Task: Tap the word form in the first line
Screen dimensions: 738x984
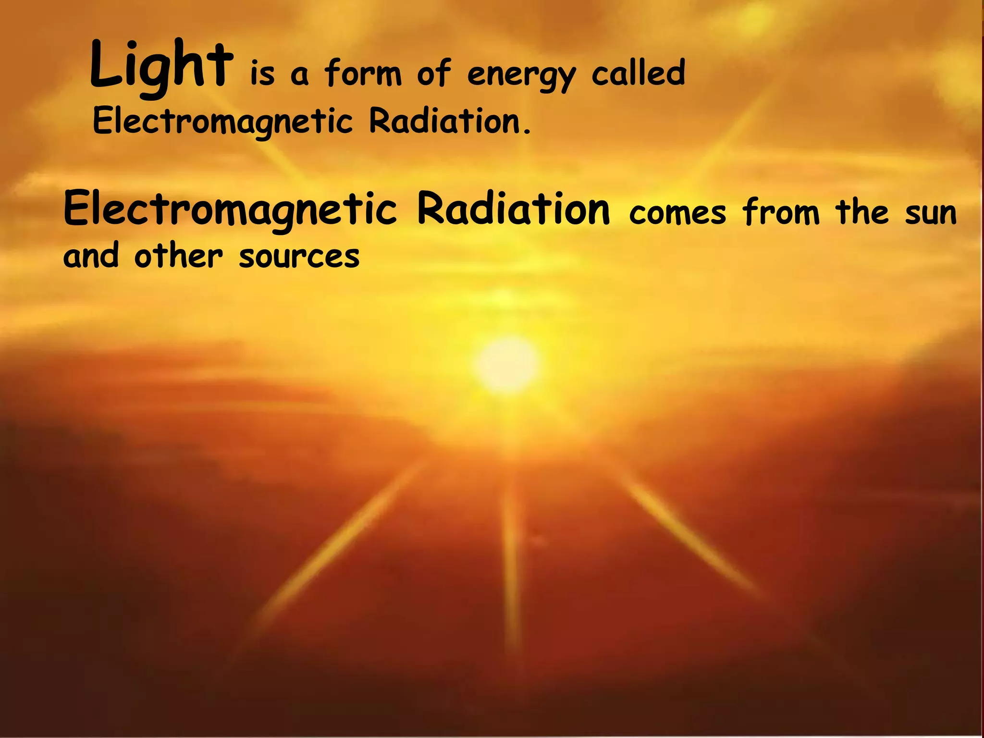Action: pos(363,73)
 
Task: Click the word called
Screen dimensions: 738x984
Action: pos(638,73)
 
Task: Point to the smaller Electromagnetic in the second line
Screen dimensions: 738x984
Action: pos(222,121)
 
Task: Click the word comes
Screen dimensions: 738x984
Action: pos(677,213)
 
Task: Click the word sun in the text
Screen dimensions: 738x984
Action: pos(931,213)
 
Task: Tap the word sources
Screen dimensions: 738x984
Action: pos(299,257)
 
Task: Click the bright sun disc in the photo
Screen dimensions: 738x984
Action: pos(505,363)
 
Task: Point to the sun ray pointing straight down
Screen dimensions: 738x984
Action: pos(511,553)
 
